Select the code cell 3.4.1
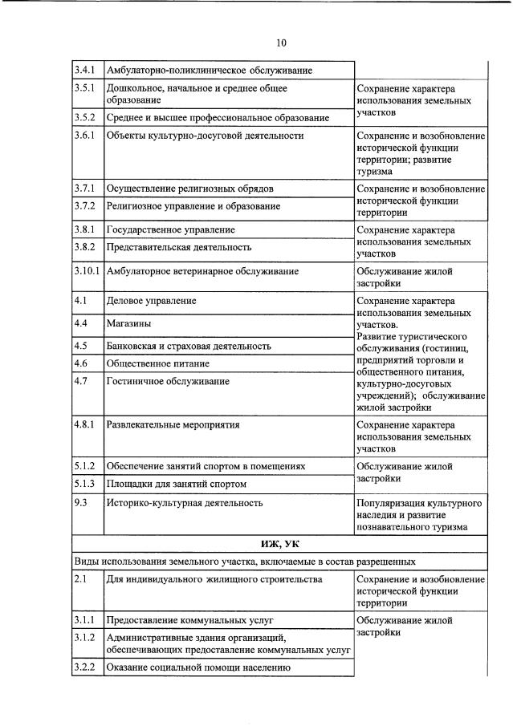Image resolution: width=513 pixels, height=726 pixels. (85, 71)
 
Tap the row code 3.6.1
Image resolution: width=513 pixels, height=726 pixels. (85, 136)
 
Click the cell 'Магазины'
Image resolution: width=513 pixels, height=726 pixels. (128, 323)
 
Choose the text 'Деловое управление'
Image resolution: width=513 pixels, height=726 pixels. (152, 302)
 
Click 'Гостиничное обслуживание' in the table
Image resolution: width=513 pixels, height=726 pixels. (168, 381)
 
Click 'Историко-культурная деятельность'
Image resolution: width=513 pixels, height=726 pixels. (185, 503)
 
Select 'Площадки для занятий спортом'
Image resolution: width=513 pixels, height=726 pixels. (176, 484)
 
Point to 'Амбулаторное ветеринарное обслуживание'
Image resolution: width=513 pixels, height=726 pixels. (202, 271)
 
